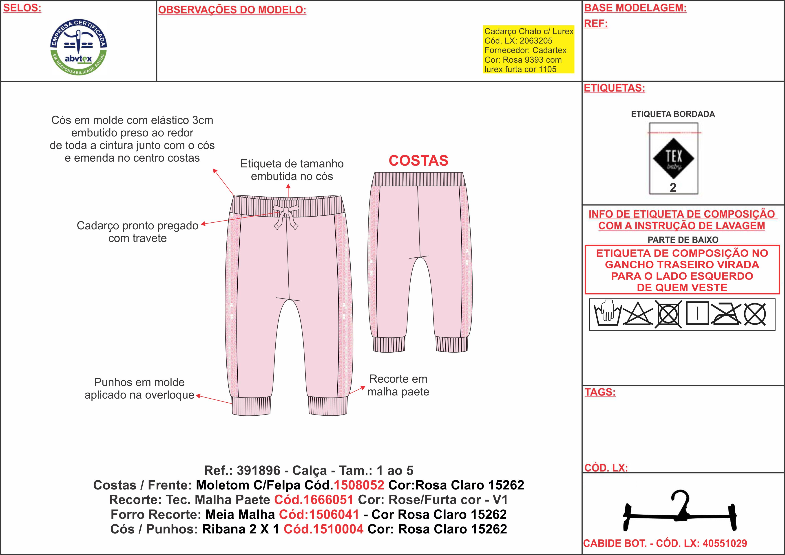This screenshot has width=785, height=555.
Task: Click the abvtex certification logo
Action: [79, 47]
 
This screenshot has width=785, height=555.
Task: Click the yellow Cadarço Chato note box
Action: [528, 50]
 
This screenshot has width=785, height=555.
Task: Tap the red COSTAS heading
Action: [418, 161]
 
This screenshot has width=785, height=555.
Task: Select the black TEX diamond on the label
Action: [673, 158]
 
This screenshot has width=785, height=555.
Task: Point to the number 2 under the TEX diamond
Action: [673, 188]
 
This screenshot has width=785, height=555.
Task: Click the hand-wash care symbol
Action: [608, 313]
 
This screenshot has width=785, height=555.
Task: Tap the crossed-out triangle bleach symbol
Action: [638, 313]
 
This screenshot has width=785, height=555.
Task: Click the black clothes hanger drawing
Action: [679, 511]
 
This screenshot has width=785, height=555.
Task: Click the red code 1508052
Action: [359, 485]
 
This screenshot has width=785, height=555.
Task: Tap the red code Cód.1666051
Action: [314, 500]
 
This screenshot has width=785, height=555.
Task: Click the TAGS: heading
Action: [600, 392]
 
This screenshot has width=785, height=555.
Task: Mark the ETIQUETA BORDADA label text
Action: [673, 114]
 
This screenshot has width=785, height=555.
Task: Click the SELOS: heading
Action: [22, 8]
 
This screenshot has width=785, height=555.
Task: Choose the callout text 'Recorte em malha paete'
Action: [398, 385]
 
